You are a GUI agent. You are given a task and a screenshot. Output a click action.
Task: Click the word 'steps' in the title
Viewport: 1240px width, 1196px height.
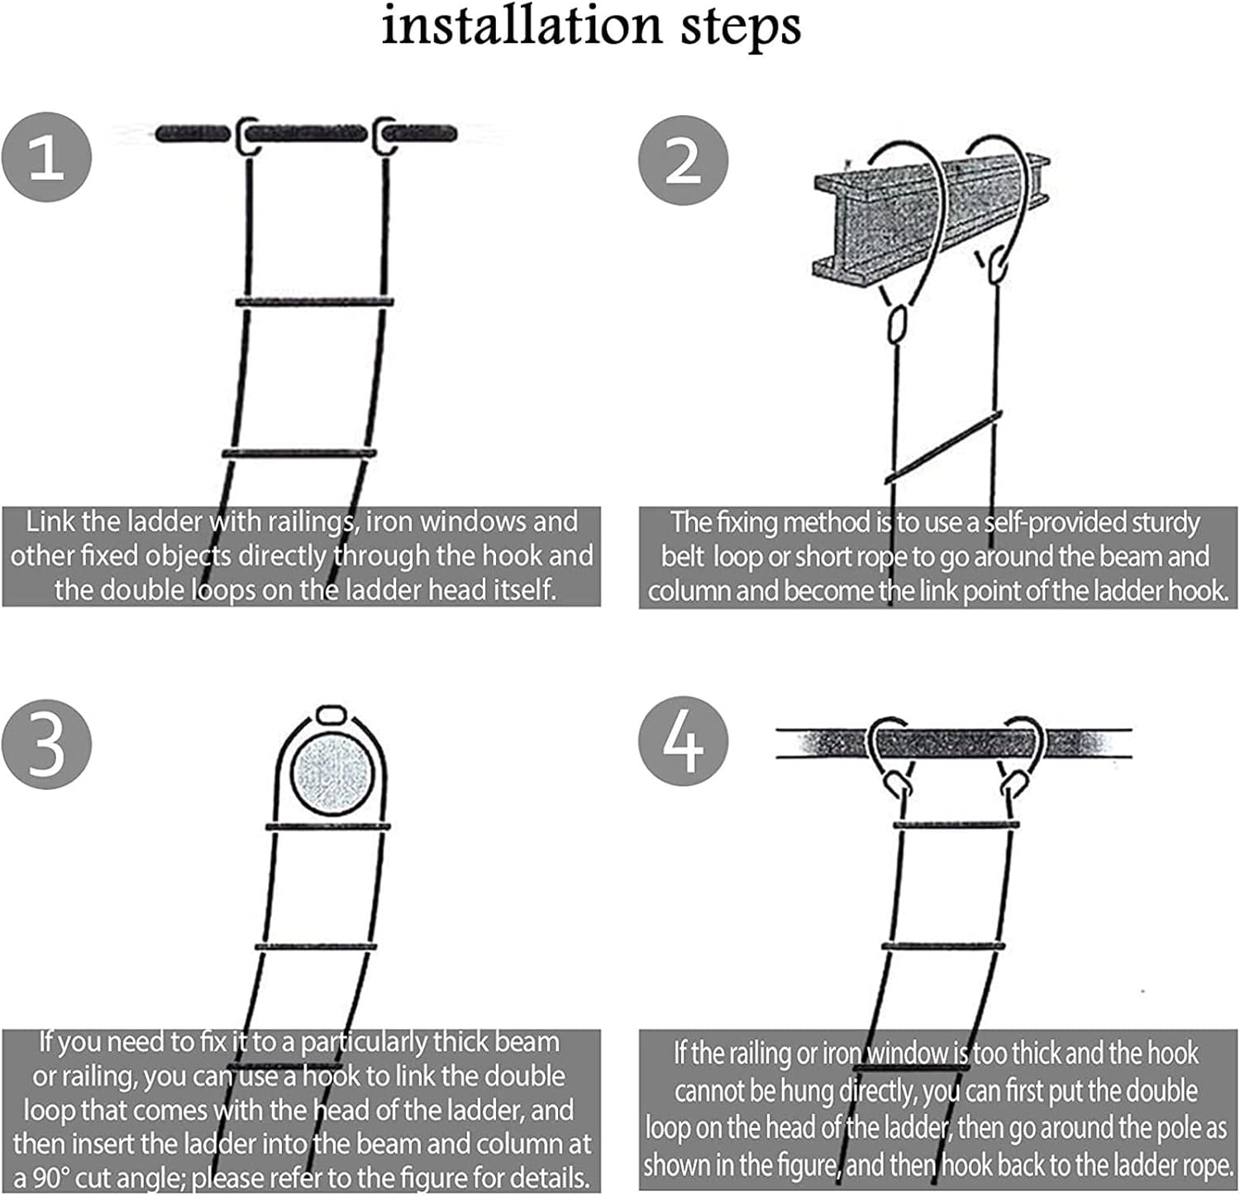click(x=741, y=27)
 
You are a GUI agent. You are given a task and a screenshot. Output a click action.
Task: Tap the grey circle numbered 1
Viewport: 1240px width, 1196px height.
click(x=46, y=157)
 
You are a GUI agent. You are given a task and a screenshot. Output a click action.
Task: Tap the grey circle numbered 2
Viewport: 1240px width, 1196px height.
click(x=683, y=160)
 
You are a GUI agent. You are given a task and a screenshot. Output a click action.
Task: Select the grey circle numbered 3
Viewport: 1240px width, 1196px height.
click(x=46, y=743)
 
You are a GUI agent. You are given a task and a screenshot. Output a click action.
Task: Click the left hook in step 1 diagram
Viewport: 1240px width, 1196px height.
click(x=246, y=136)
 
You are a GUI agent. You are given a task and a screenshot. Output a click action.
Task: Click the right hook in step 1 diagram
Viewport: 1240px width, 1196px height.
click(x=384, y=136)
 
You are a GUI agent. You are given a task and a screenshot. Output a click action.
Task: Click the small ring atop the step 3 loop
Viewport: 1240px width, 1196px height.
click(x=331, y=714)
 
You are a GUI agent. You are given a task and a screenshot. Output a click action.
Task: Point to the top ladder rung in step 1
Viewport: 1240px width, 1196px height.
click(x=314, y=303)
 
